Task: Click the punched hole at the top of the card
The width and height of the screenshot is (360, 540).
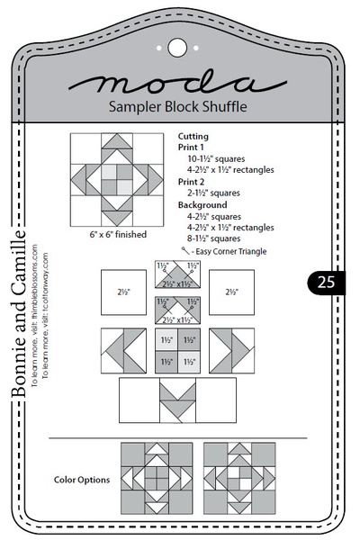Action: click(177, 45)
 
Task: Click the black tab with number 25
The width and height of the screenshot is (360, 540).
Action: click(325, 282)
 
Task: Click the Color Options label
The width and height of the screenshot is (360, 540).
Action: click(82, 480)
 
